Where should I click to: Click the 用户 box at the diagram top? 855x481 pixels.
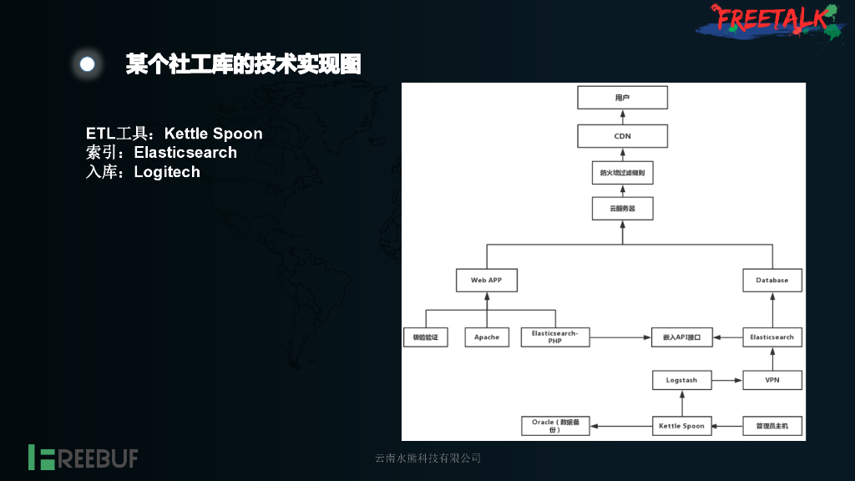coord(623,98)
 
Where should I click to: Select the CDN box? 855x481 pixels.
coord(623,136)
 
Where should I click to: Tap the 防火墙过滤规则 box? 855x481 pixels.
coord(623,174)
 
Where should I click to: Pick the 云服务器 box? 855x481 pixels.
coord(623,208)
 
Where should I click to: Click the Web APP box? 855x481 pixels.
coord(487,281)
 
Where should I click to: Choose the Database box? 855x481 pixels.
coord(772,281)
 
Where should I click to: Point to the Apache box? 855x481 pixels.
coord(487,337)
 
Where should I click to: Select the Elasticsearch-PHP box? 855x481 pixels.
coord(555,337)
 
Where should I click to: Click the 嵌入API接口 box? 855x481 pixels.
coord(682,337)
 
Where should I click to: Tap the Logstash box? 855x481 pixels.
coord(682,380)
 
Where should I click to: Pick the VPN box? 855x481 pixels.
coord(772,380)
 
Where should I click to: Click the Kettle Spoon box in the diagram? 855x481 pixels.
coord(682,426)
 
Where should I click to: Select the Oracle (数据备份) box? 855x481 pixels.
coord(555,426)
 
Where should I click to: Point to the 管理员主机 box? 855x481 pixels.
coord(772,426)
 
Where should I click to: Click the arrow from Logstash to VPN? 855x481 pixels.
coord(727,380)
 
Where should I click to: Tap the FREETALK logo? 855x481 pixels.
coord(769,20)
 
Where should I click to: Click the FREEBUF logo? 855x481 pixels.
coord(83,458)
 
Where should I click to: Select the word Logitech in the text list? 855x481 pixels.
coord(167,172)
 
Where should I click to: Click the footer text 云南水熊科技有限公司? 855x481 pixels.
coord(427,458)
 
